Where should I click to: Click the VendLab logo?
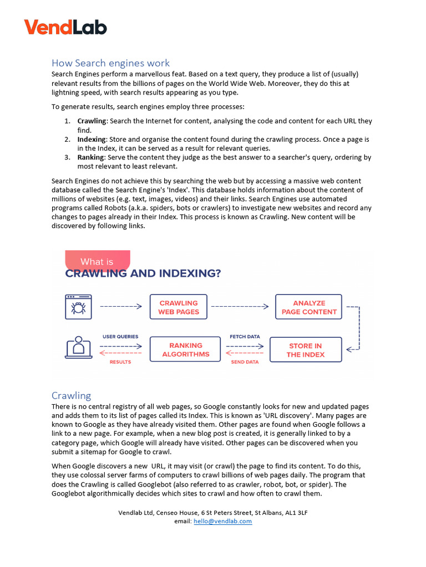(x=65, y=27)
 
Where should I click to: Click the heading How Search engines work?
(x=110, y=63)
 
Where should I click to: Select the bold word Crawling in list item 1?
(x=92, y=121)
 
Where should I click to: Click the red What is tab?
(x=97, y=261)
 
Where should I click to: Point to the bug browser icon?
(x=78, y=306)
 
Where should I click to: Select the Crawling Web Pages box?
(x=178, y=307)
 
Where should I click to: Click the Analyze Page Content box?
(x=309, y=307)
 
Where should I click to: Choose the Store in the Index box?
(x=305, y=350)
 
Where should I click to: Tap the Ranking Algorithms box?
(x=185, y=349)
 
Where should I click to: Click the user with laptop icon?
(x=78, y=347)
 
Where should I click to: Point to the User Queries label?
(x=120, y=336)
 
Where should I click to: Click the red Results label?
(x=120, y=362)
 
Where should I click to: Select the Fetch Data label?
(x=245, y=336)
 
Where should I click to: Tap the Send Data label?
(x=245, y=362)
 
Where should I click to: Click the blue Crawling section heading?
(x=71, y=395)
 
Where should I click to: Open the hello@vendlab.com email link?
(x=222, y=521)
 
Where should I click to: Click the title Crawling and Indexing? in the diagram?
(x=143, y=274)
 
